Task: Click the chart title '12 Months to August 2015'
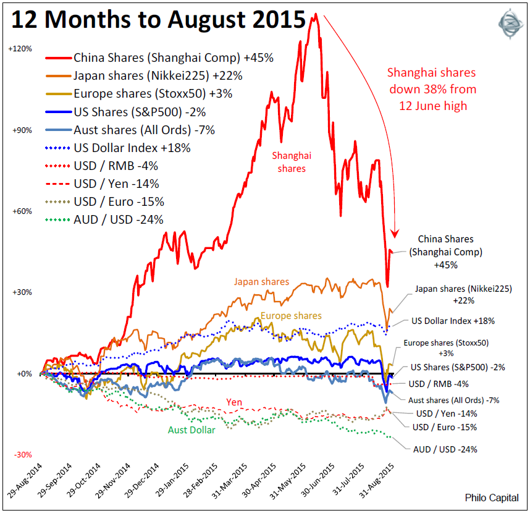(x=158, y=21)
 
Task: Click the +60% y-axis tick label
(x=23, y=211)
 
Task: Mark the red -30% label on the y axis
(x=23, y=455)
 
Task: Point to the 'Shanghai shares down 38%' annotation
(x=432, y=89)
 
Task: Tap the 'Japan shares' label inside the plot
(x=261, y=282)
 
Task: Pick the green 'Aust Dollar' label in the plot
(x=191, y=430)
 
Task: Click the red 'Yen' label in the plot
(x=233, y=402)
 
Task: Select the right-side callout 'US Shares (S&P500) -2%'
(x=458, y=367)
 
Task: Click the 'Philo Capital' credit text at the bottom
(x=492, y=498)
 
